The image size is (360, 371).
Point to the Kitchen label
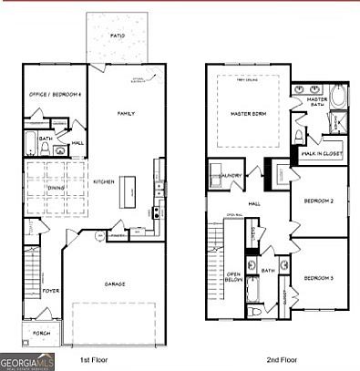point(102,181)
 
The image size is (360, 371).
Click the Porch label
point(41,333)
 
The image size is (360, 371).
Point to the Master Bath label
point(317,102)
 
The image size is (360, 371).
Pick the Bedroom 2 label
point(318,200)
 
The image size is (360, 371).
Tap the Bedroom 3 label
point(318,277)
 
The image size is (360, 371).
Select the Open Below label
point(232,277)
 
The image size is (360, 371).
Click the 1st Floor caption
point(94,360)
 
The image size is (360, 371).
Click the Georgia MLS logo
point(28,361)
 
